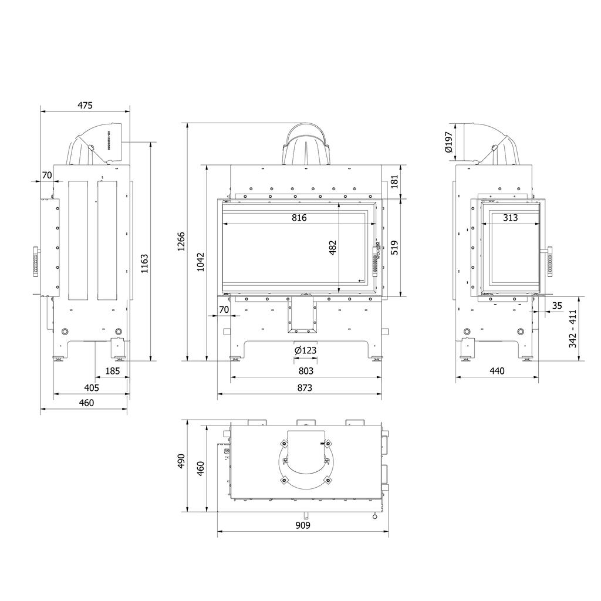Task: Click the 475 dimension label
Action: pos(85,106)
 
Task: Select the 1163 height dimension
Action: pos(144,264)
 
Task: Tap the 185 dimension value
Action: pos(112,371)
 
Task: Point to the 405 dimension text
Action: pos(92,387)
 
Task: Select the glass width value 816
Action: pos(299,218)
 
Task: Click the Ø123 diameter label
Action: pos(305,350)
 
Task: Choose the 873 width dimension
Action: pos(305,387)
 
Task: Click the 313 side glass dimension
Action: pos(511,218)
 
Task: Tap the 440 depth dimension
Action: pos(497,371)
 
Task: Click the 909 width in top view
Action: pos(302,525)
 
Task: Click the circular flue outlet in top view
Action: pos(305,461)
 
